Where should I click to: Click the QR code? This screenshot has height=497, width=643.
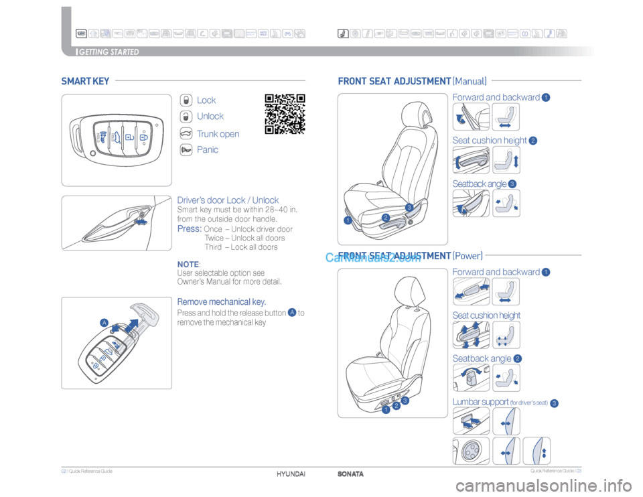pos(285,114)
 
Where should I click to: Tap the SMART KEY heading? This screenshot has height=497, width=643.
pos(85,82)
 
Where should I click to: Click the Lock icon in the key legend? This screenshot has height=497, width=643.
pos(187,100)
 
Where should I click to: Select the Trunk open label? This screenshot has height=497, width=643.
pos(218,134)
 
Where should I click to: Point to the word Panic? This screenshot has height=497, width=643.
pos(208,150)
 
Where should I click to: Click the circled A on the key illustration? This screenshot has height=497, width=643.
pos(104,323)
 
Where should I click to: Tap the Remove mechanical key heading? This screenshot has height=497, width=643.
pos(222,301)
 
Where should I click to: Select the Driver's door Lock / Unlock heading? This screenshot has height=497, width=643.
pos(228,200)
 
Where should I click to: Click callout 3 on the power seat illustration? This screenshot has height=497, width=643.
pos(405,401)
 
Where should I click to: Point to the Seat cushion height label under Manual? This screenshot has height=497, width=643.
pos(490,141)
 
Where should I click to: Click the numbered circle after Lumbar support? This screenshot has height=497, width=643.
pos(555,403)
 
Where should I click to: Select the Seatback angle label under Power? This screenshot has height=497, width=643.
pos(482,359)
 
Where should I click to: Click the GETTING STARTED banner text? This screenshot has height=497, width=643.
pos(109,52)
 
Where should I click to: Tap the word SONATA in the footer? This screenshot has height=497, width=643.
pos(351,474)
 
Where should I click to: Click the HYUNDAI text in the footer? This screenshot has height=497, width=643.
pos(291,474)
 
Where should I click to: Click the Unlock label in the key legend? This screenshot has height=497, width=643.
pos(210,117)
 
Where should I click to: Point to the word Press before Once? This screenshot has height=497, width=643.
pos(189,229)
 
